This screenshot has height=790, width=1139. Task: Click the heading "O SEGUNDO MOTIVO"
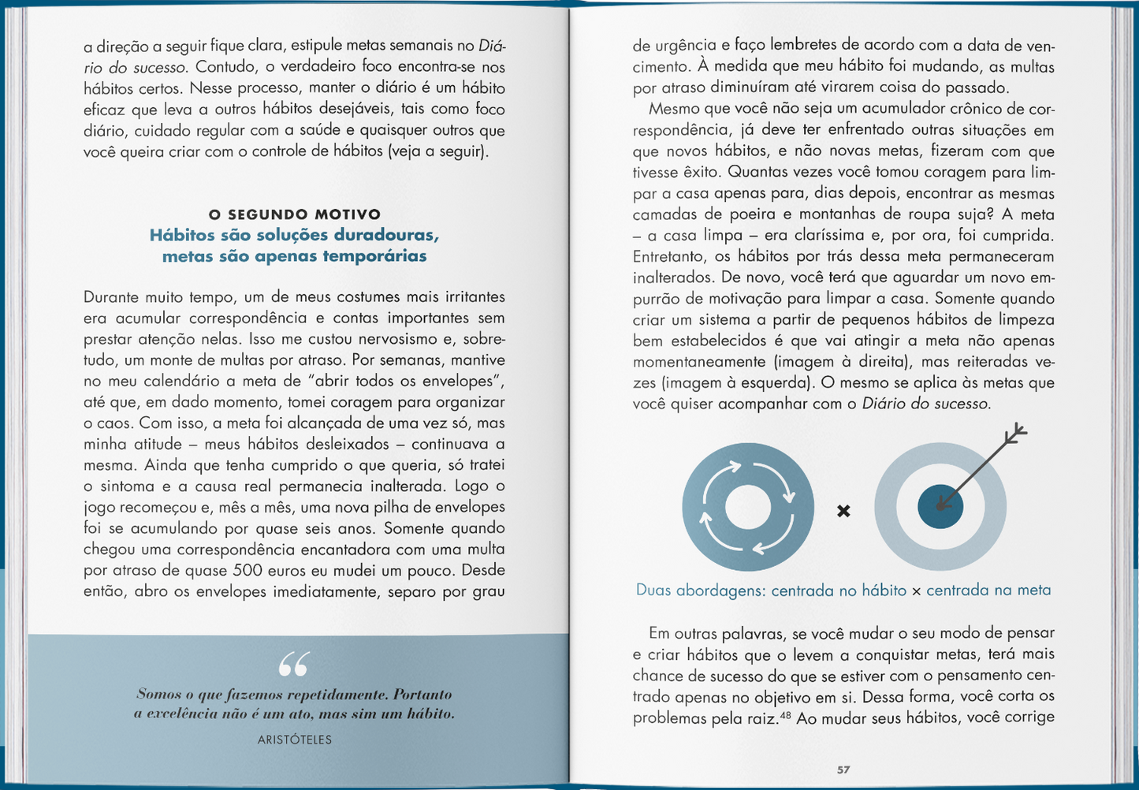tap(295, 214)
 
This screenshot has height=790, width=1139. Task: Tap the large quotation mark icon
tap(294, 665)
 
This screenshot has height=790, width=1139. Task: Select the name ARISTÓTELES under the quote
tap(295, 740)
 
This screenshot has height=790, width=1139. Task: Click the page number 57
tap(843, 770)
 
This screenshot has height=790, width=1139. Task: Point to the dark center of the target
tap(940, 506)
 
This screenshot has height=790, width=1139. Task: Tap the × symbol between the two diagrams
tap(843, 511)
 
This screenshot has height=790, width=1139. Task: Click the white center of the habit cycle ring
tap(747, 506)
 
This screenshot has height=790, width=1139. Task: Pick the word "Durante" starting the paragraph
tap(110, 297)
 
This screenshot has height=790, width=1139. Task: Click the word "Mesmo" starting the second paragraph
tap(672, 109)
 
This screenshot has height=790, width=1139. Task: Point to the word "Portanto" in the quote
tap(422, 695)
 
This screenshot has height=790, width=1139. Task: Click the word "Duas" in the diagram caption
tap(653, 591)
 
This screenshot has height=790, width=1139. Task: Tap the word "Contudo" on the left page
tap(226, 67)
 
